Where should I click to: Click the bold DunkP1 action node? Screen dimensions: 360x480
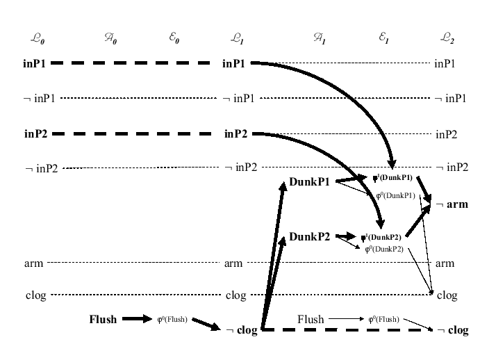[308, 181]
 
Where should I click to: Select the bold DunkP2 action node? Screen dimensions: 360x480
[308, 236]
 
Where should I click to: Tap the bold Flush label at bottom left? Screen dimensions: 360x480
[103, 320]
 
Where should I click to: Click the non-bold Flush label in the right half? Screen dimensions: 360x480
[311, 319]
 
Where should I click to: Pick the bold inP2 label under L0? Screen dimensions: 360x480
[35, 133]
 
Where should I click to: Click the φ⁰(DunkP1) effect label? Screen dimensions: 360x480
[395, 197]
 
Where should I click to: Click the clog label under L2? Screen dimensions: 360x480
[447, 295]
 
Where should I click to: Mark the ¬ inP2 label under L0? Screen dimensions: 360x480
[40, 168]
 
